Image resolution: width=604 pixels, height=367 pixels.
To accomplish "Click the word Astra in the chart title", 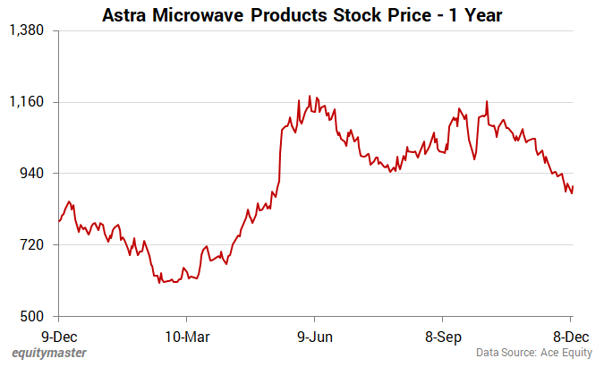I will (129, 15).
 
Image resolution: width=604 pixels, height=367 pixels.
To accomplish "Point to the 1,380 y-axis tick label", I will (26, 30).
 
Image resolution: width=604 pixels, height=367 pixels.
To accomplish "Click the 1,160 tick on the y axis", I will (26, 102).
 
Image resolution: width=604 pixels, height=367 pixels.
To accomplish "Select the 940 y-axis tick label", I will (31, 174).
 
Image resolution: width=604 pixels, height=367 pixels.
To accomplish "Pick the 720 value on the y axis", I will (31, 245).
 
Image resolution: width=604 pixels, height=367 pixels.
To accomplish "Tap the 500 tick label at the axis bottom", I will (31, 317).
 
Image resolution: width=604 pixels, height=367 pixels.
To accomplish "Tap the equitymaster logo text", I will (49, 353).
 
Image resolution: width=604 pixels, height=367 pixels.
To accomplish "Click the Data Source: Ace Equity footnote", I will (533, 353).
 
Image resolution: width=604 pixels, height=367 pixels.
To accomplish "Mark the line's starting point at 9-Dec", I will (59, 220).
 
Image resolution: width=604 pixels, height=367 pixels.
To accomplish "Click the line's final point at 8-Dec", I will (573, 186).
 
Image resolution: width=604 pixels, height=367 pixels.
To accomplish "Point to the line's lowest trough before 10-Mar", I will (160, 283).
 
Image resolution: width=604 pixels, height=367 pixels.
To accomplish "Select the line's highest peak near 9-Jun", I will (310, 96).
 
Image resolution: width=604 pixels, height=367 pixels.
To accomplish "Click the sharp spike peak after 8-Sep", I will (487, 101).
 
